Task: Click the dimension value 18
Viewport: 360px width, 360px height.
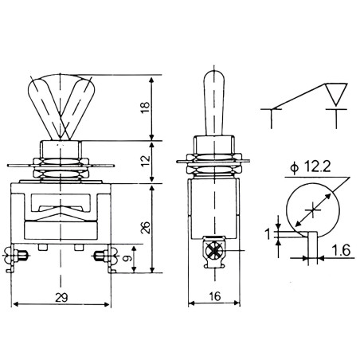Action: coord(146,108)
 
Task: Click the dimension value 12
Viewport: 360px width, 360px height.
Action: coord(146,161)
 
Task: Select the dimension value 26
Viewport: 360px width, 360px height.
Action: coord(146,227)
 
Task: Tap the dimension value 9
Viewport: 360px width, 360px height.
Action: coord(128,258)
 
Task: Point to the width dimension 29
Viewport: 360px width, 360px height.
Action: coord(61,297)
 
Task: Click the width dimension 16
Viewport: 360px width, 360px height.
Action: coord(215,296)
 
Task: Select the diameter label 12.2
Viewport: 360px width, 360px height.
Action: coord(317,167)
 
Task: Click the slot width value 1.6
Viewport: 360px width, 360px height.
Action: coord(341,250)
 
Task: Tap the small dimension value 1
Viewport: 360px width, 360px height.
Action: coord(268,234)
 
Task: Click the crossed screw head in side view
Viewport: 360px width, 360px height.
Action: coord(214,250)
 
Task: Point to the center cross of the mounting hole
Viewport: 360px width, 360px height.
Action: coord(313,209)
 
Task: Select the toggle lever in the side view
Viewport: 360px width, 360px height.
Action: coord(214,104)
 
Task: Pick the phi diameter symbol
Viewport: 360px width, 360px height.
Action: coord(294,168)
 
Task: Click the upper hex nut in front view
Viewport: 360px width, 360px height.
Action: coord(61,162)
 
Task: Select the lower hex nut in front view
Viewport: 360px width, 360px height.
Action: coord(61,174)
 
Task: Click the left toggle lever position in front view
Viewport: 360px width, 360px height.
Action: coord(45,106)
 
